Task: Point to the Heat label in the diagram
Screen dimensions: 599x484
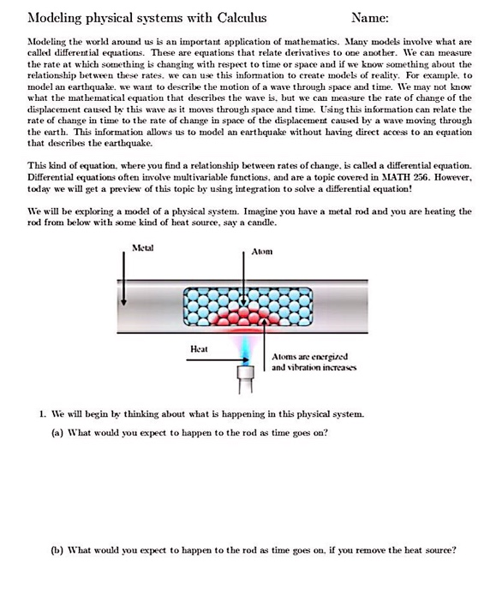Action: (199, 348)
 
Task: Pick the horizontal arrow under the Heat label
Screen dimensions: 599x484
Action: (210, 361)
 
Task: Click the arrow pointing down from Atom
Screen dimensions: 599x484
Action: (248, 274)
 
